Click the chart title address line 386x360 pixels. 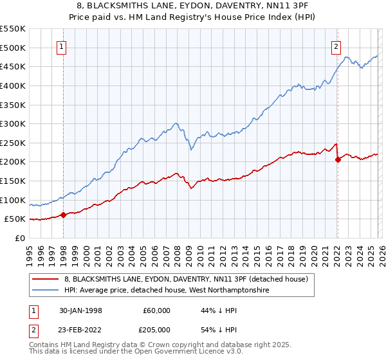193,6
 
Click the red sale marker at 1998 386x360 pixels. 63,215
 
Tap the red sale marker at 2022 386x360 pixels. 338,160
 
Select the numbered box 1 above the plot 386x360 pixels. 62,46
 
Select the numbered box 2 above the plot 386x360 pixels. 336,46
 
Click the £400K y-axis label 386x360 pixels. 13,85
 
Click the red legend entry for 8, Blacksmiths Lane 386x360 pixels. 187,279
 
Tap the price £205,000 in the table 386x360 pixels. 157,329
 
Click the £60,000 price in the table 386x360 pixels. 157,310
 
